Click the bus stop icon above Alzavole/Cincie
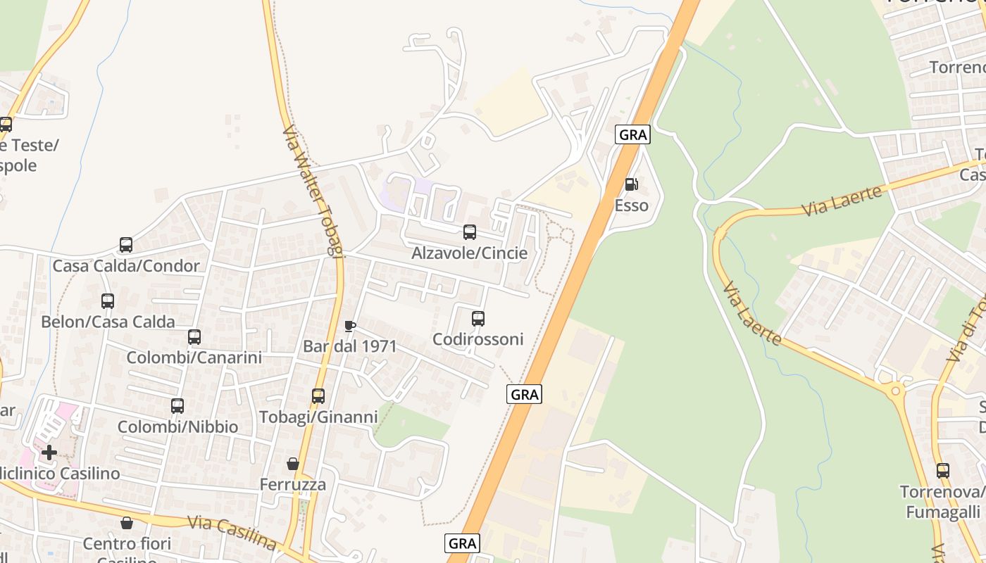[x=470, y=232]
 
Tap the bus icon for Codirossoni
[x=478, y=318]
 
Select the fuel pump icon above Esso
[x=631, y=184]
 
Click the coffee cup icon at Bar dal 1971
[x=349, y=325]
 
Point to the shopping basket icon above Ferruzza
[x=293, y=464]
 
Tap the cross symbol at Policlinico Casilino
[x=49, y=452]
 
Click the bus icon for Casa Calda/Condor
[x=126, y=245]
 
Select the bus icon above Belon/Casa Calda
[x=108, y=301]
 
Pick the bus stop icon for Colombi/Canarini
[x=194, y=336]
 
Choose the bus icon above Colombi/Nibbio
[x=177, y=405]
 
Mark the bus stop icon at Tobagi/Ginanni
[x=318, y=396]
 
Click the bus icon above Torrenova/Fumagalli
[x=943, y=471]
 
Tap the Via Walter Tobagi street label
[x=313, y=191]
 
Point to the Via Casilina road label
[x=232, y=533]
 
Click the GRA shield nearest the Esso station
[x=632, y=134]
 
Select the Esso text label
[x=631, y=205]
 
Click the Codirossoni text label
[x=478, y=339]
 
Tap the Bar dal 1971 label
[x=349, y=346]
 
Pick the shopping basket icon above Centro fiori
[x=127, y=523]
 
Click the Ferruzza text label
[x=293, y=485]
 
